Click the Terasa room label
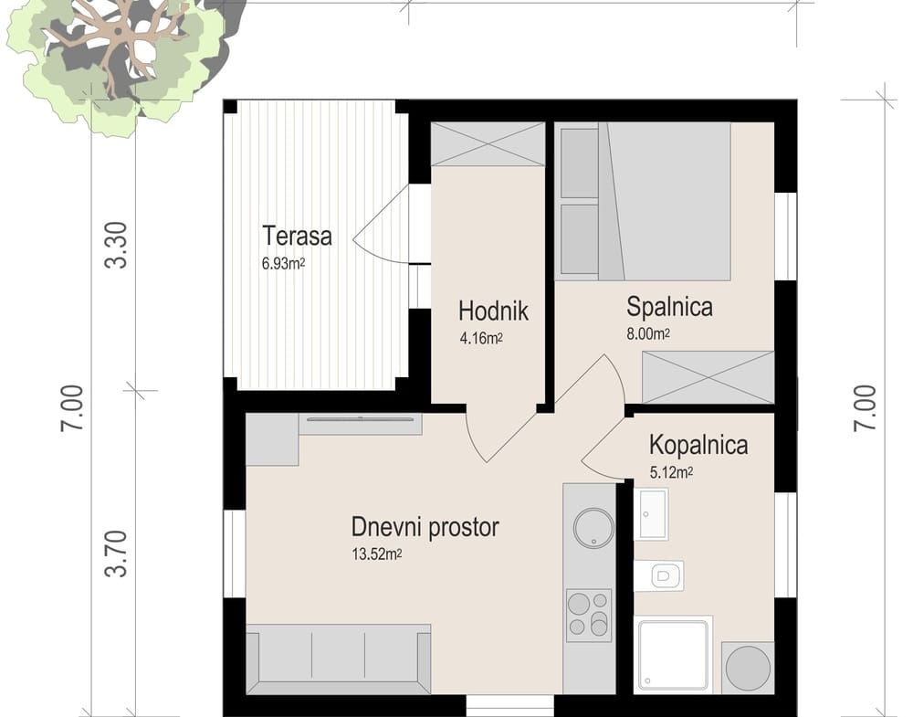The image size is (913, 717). click(297, 236)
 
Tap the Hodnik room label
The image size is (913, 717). click(493, 311)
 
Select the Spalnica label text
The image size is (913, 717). click(669, 307)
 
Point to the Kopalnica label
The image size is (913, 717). click(698, 445)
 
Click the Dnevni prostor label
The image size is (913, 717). click(425, 527)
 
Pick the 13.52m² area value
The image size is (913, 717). click(377, 554)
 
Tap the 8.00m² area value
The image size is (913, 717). click(648, 334)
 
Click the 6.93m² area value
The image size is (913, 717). click(284, 264)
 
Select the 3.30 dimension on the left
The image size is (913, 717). click(116, 245)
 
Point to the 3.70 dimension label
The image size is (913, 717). click(116, 554)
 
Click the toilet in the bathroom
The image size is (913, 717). click(659, 575)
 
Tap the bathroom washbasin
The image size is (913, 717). click(651, 514)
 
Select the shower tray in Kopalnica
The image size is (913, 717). click(674, 655)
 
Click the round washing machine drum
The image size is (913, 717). click(749, 668)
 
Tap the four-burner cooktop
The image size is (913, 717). click(589, 615)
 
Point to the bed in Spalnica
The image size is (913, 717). click(665, 202)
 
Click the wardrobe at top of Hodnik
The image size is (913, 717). click(488, 144)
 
